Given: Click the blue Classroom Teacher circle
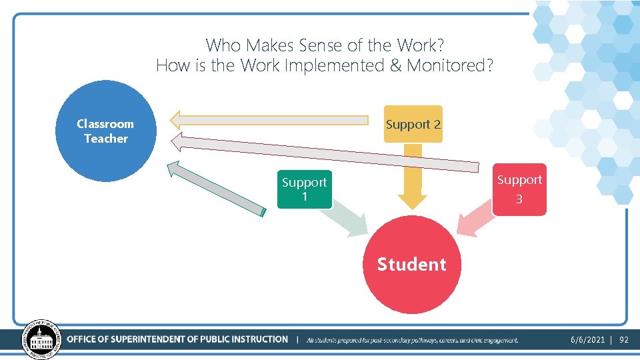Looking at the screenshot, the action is pyautogui.click(x=105, y=131).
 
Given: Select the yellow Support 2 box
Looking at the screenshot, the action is pyautogui.click(x=413, y=124).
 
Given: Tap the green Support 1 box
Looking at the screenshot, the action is pyautogui.click(x=304, y=189).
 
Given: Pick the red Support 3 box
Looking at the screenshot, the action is pyautogui.click(x=519, y=189).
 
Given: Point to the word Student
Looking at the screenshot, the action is pyautogui.click(x=412, y=265).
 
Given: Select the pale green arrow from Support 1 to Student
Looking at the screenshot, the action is pyautogui.click(x=349, y=221).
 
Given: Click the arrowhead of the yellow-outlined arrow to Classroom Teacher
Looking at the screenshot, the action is pyautogui.click(x=176, y=120).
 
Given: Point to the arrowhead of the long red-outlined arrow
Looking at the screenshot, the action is pyautogui.click(x=178, y=141).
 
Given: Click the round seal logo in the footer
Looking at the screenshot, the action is pyautogui.click(x=42, y=339).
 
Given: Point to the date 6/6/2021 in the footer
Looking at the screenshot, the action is pyautogui.click(x=588, y=340).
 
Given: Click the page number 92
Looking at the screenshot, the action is pyautogui.click(x=624, y=340).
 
